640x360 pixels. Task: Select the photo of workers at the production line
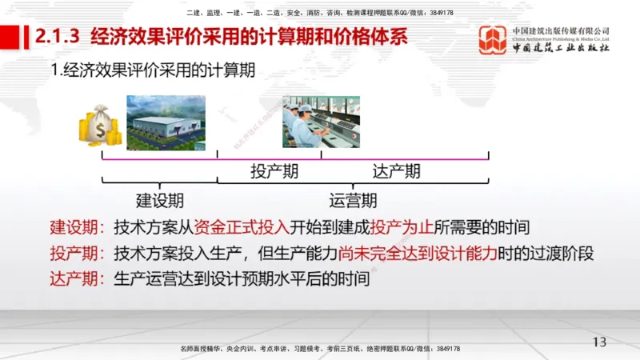[x=321, y=122]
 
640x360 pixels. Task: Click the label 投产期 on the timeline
[x=269, y=171]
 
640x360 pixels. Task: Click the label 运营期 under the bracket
[x=353, y=200]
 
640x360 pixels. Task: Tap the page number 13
[x=599, y=342]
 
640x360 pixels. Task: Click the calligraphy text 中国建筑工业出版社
[x=561, y=49]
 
